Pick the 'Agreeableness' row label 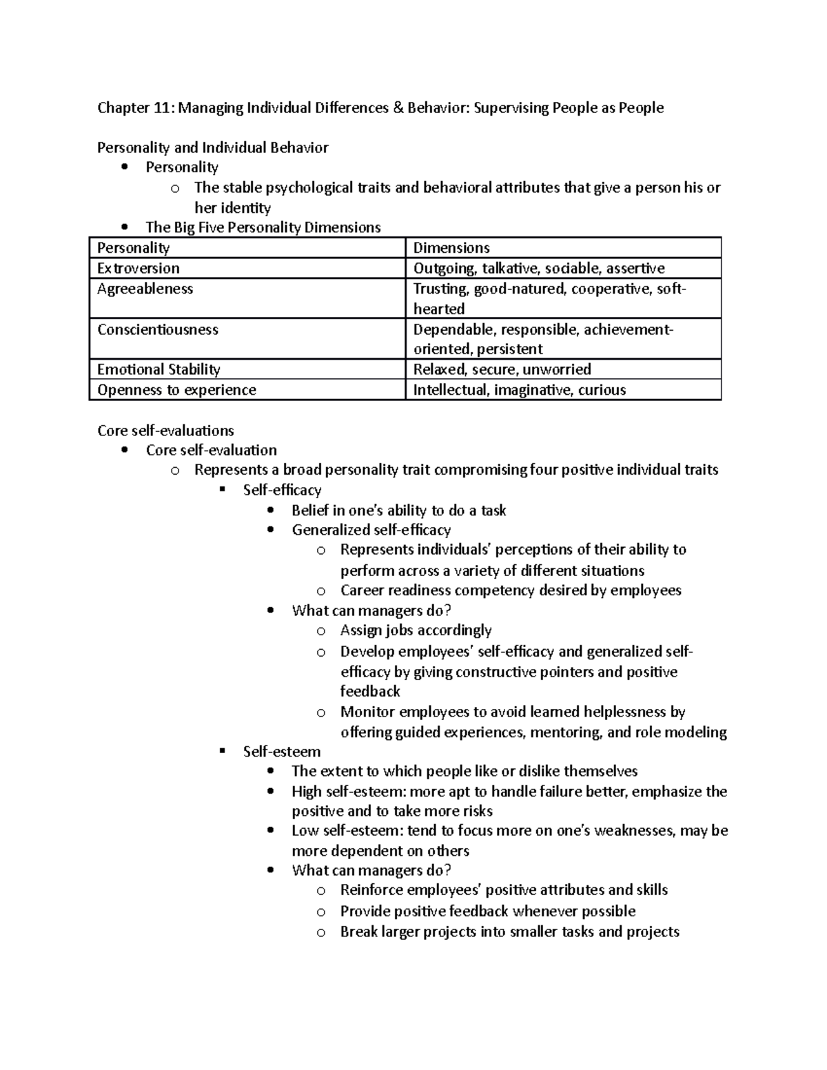point(145,289)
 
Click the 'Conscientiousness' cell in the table point(157,329)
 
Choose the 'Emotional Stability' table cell point(159,369)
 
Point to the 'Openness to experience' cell point(176,390)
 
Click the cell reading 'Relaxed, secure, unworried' point(502,369)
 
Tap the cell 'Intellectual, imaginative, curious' point(519,390)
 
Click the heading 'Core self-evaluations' point(165,431)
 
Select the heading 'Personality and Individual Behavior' point(212,147)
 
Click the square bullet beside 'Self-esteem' point(222,751)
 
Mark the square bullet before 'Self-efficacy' point(222,490)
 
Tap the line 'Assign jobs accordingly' point(416,630)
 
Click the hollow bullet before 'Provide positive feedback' point(320,912)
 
